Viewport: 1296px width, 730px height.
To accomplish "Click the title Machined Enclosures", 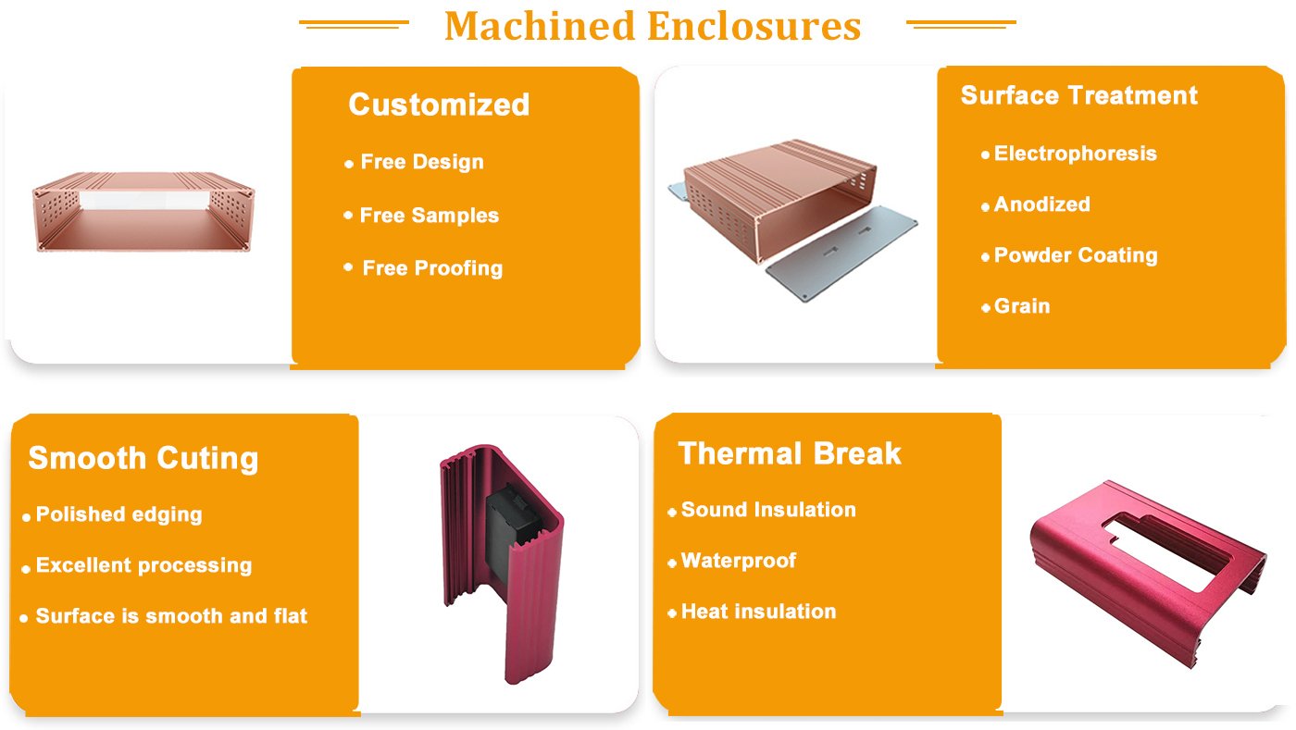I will click(653, 26).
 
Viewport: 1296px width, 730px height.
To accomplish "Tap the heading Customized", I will click(439, 105).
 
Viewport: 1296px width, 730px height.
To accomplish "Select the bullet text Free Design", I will click(422, 162).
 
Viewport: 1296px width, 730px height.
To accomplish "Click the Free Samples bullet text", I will click(429, 216).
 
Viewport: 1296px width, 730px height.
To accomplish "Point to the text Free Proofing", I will click(432, 268).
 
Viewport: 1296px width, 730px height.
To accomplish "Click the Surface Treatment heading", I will click(1078, 95).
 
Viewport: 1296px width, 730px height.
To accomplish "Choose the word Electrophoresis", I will click(1075, 154).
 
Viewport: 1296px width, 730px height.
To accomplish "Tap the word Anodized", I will click(1041, 204).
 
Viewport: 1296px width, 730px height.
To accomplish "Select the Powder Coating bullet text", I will click(1075, 255).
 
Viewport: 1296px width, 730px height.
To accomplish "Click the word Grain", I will click(1022, 306).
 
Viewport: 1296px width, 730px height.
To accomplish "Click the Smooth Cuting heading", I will click(143, 458).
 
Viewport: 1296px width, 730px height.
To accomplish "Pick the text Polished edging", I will click(118, 514).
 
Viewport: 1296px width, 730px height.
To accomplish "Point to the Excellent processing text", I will click(143, 565).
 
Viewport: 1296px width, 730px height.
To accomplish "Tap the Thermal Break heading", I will click(790, 453).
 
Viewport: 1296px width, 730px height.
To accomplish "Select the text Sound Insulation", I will click(768, 510).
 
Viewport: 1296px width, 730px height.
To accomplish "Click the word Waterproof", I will click(738, 561).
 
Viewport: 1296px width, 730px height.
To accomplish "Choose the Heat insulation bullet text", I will click(758, 612).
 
